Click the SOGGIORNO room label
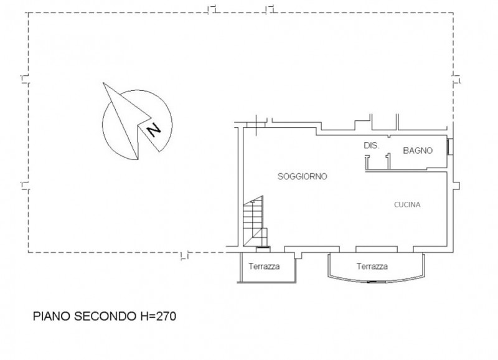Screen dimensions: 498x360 click(303, 176)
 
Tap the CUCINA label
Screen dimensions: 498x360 click(407, 205)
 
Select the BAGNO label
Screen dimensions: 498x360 click(418, 150)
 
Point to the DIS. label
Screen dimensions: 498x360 click(371, 146)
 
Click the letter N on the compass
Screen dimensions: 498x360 click(154, 130)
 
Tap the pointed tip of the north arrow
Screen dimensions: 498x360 click(103, 83)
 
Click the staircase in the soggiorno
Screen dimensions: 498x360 click(255, 221)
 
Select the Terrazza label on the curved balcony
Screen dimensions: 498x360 click(372, 267)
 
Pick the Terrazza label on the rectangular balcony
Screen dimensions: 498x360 click(264, 267)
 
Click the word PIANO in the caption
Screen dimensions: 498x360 click(52, 316)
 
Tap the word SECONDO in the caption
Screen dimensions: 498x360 click(105, 316)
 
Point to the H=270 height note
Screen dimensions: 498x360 click(157, 316)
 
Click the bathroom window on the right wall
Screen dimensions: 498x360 click(449, 146)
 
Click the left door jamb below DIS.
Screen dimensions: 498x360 click(367, 162)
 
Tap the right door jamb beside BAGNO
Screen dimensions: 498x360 click(388, 161)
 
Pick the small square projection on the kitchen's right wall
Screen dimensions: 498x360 click(456, 186)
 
